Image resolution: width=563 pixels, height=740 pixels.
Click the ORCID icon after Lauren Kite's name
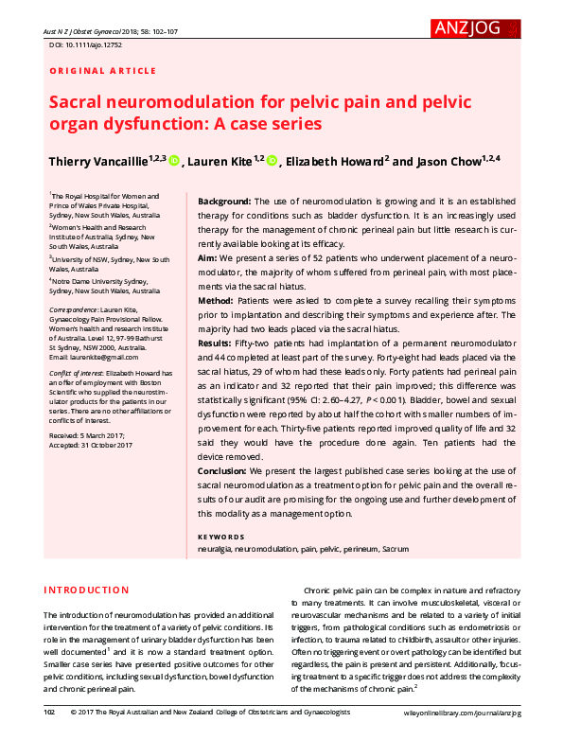tap(272, 162)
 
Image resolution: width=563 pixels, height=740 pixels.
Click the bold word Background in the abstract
tap(223, 203)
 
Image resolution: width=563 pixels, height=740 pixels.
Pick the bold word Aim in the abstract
tap(207, 258)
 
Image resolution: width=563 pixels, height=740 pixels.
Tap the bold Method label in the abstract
tap(216, 300)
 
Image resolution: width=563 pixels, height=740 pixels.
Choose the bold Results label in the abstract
tap(218, 342)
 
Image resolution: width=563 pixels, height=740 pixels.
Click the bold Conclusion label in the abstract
tap(225, 470)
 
